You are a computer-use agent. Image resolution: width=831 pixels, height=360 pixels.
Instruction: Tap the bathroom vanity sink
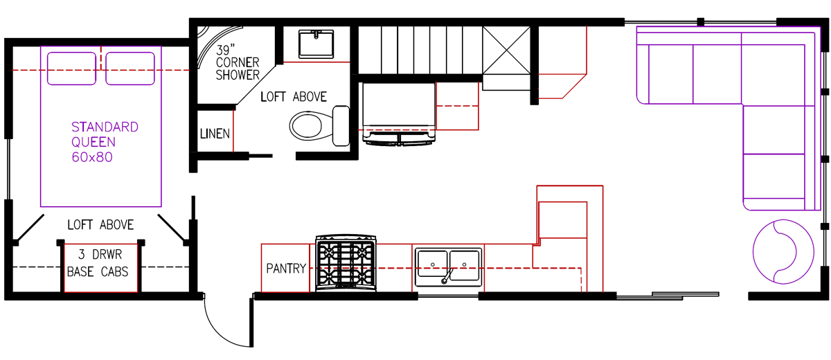317,44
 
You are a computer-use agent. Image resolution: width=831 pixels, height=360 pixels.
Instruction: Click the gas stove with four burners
346,264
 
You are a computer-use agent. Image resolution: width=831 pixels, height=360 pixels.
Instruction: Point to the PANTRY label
285,269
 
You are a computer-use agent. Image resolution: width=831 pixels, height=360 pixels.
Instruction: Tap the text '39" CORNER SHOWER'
237,63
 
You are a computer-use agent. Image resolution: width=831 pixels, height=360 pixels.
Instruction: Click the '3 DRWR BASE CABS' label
98,264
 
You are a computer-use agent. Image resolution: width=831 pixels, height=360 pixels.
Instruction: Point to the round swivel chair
783,251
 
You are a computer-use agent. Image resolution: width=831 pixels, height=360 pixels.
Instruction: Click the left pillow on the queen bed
71,68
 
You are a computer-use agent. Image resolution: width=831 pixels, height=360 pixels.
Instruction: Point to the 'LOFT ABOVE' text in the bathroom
293,97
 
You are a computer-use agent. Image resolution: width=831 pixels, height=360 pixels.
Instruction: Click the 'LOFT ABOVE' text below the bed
100,225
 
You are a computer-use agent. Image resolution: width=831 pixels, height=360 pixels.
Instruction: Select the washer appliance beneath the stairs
399,111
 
